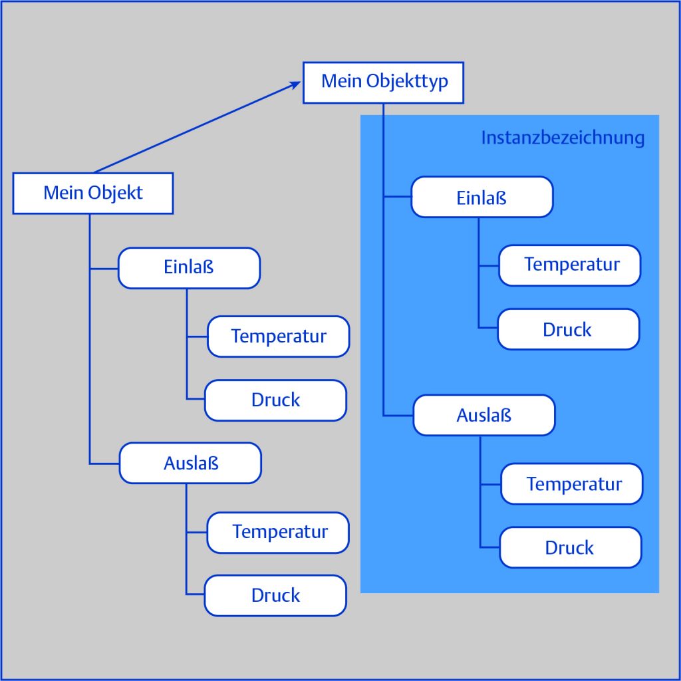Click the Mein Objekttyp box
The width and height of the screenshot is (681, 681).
pos(383,82)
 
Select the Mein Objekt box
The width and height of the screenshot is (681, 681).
pos(93,194)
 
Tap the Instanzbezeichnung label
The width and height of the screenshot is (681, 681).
pos(563,138)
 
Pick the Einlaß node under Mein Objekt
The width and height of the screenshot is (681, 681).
pos(189,268)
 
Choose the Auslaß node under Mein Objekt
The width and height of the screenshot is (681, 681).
pos(190,463)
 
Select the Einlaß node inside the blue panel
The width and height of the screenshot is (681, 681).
pos(481,197)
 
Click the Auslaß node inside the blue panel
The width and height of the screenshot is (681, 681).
pos(483,416)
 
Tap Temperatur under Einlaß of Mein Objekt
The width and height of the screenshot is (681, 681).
pos(278,337)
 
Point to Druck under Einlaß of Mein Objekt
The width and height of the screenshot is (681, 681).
pos(275,400)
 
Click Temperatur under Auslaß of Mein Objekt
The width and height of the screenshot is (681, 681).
pos(278,532)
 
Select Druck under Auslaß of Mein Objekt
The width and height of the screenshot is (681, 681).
pos(275,596)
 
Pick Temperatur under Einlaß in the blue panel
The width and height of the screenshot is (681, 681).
pos(570,265)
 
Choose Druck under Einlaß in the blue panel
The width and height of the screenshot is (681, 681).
pos(568,329)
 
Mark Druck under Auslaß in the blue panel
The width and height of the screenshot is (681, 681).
pos(570,548)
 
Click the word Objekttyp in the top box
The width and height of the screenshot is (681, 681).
pos(407,82)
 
